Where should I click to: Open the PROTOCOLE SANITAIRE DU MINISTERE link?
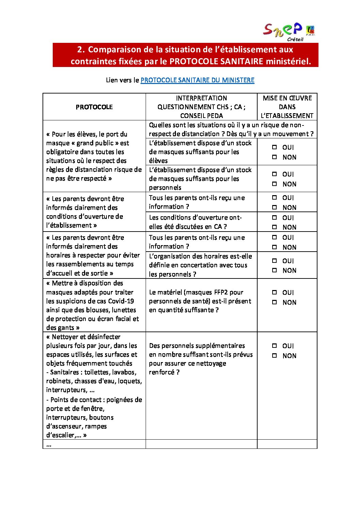coord(197,80)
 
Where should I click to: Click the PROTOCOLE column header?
coord(94,107)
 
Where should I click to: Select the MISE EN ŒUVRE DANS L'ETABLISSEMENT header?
coord(287,107)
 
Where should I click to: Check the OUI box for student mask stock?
coord(275,147)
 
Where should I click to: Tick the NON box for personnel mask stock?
coord(275,184)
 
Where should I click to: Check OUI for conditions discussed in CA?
coord(275,218)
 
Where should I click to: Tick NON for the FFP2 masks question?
coord(275,302)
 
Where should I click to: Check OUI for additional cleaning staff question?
coord(275,346)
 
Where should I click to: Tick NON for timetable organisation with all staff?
coord(275,270)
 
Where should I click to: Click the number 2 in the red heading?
coord(80,50)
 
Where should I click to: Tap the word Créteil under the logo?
coord(295,39)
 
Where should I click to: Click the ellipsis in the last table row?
coord(49,444)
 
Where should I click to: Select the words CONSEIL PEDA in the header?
coord(201,116)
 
